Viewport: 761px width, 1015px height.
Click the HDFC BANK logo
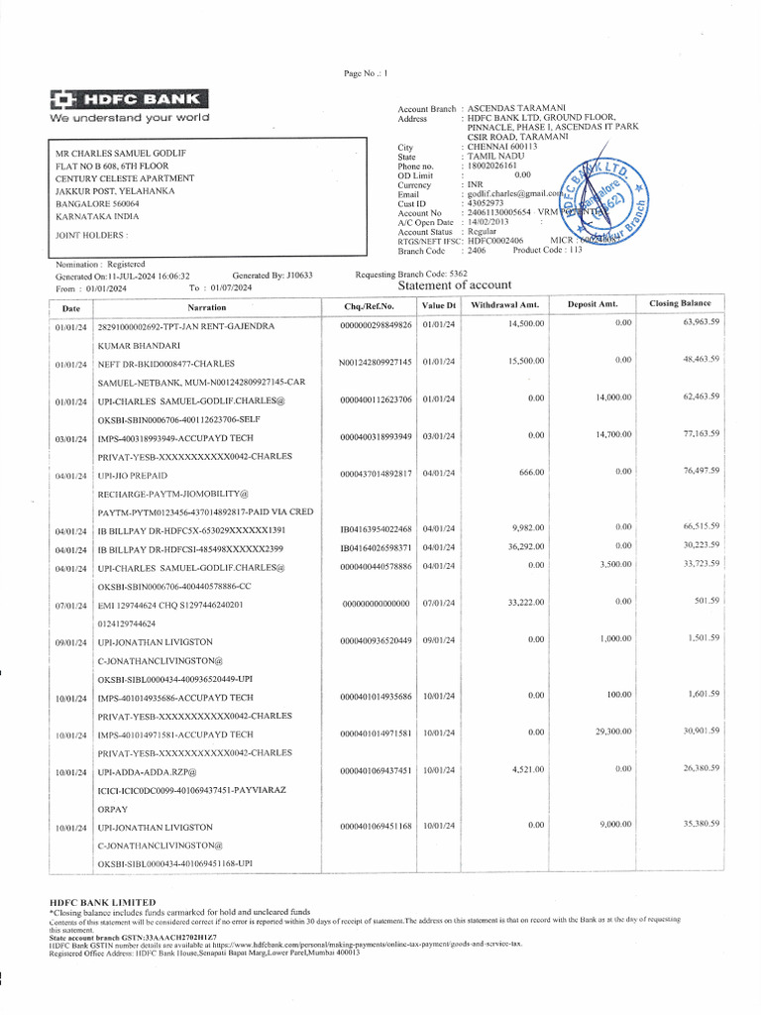tap(129, 99)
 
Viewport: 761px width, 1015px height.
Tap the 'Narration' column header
tap(207, 307)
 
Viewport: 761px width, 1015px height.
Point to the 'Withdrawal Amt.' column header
tap(504, 304)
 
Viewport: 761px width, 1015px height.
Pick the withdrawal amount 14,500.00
tap(526, 324)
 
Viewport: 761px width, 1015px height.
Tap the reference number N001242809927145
tap(376, 362)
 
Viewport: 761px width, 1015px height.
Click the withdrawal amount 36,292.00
tap(526, 546)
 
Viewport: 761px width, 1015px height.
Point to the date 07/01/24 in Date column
tap(71, 604)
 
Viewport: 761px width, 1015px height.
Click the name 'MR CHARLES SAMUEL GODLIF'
tap(122, 153)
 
